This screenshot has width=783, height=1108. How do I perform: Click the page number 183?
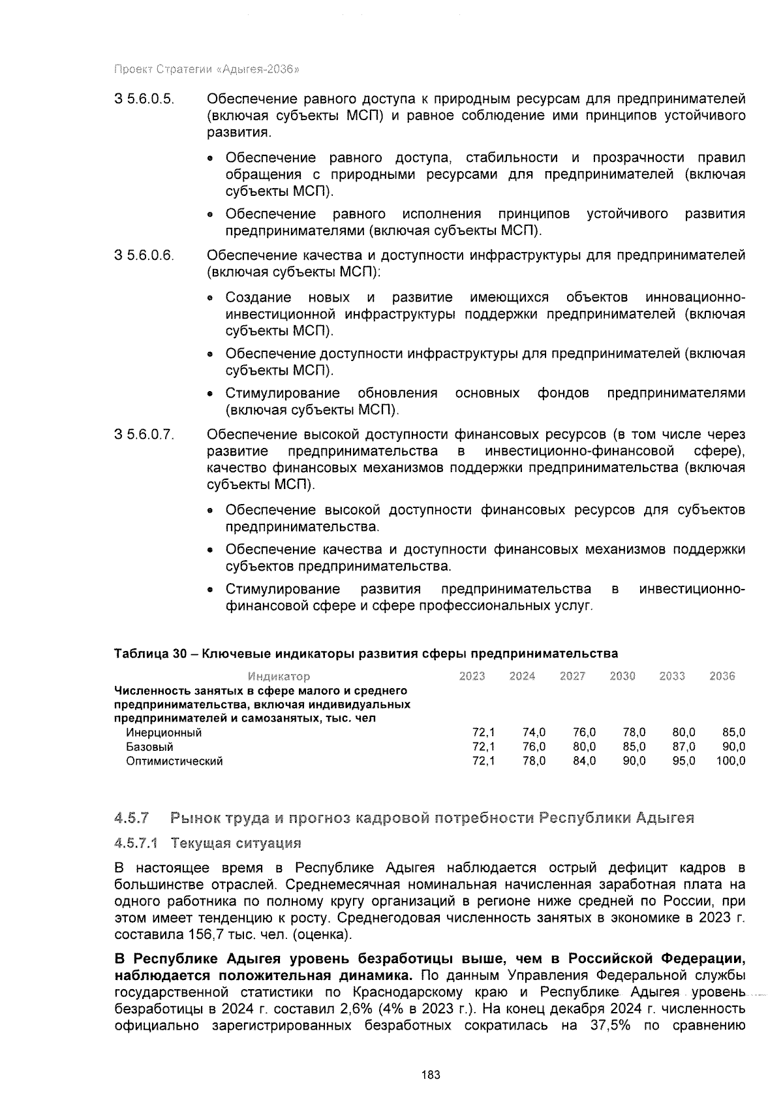431,1075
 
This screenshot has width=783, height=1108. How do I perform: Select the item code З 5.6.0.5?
144,99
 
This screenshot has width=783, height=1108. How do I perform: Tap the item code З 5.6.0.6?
144,255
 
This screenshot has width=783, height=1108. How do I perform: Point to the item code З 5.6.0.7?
144,435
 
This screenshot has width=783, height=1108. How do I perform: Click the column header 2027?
572,676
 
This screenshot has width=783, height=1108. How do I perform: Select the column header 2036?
722,676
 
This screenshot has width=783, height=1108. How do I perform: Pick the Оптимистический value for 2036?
730,761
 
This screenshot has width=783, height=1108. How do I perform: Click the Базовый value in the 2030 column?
634,746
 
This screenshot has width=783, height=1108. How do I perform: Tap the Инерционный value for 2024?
534,733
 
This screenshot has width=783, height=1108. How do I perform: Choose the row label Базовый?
149,746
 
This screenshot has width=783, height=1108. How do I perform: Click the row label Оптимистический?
174,761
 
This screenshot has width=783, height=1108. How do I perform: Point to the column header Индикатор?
279,676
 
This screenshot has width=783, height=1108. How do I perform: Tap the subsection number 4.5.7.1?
136,843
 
